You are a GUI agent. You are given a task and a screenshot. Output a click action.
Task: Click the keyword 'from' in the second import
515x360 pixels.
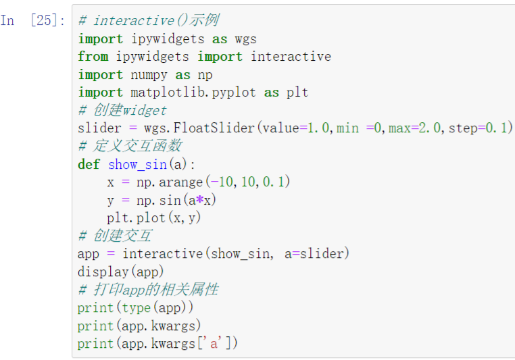[x=93, y=57]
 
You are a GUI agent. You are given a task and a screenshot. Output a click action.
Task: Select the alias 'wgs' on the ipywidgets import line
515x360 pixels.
[x=246, y=39]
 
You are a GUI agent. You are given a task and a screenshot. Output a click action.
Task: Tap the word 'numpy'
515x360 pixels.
[x=149, y=75]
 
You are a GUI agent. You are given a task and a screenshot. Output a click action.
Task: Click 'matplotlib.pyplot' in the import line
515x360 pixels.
[x=193, y=93]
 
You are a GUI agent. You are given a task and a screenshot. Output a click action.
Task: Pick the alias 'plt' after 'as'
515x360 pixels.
[x=297, y=93]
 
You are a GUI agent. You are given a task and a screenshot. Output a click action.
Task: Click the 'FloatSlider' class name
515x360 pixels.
[x=214, y=128]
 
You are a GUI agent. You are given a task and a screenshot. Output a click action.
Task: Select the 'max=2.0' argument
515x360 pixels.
[x=414, y=128]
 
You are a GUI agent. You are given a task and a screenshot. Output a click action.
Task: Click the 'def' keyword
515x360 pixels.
[x=89, y=164]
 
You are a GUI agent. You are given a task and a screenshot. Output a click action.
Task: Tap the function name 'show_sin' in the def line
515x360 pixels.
[x=137, y=164]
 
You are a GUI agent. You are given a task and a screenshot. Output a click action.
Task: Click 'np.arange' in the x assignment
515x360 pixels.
[x=170, y=182]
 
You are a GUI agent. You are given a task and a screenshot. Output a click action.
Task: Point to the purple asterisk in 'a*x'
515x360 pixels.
[x=199, y=199]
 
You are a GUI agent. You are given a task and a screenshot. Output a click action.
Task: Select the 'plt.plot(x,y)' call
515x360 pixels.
[x=153, y=217]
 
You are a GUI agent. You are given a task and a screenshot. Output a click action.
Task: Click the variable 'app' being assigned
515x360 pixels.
[x=89, y=255]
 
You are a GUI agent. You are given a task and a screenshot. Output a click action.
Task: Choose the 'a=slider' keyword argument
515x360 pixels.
[x=314, y=254]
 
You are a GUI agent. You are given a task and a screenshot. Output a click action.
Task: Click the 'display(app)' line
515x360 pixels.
[x=120, y=272]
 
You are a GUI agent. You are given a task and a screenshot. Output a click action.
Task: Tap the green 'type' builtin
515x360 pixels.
[x=136, y=308]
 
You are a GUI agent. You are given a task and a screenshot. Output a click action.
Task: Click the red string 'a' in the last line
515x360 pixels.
[x=214, y=344]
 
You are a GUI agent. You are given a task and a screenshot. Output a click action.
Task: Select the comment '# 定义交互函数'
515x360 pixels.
[x=130, y=146]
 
